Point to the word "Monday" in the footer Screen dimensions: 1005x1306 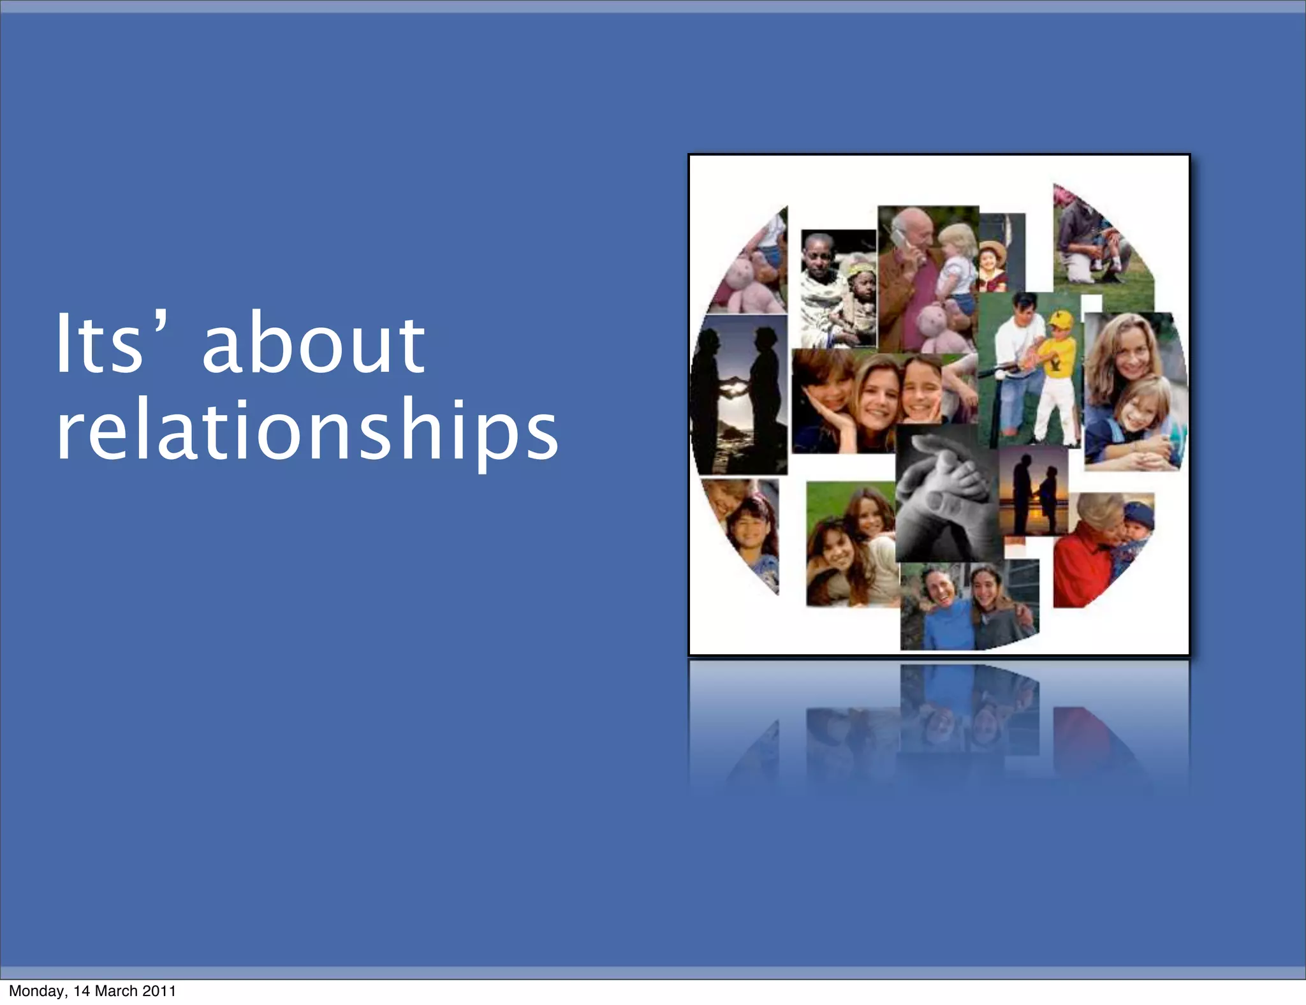pyautogui.click(x=36, y=991)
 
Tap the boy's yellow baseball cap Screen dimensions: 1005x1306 pyautogui.click(x=1060, y=319)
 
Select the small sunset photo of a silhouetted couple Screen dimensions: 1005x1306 pyautogui.click(x=1033, y=491)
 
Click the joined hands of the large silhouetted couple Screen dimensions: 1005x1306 pyautogui.click(x=737, y=386)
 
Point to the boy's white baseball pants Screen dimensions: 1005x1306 pyautogui.click(x=1055, y=408)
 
